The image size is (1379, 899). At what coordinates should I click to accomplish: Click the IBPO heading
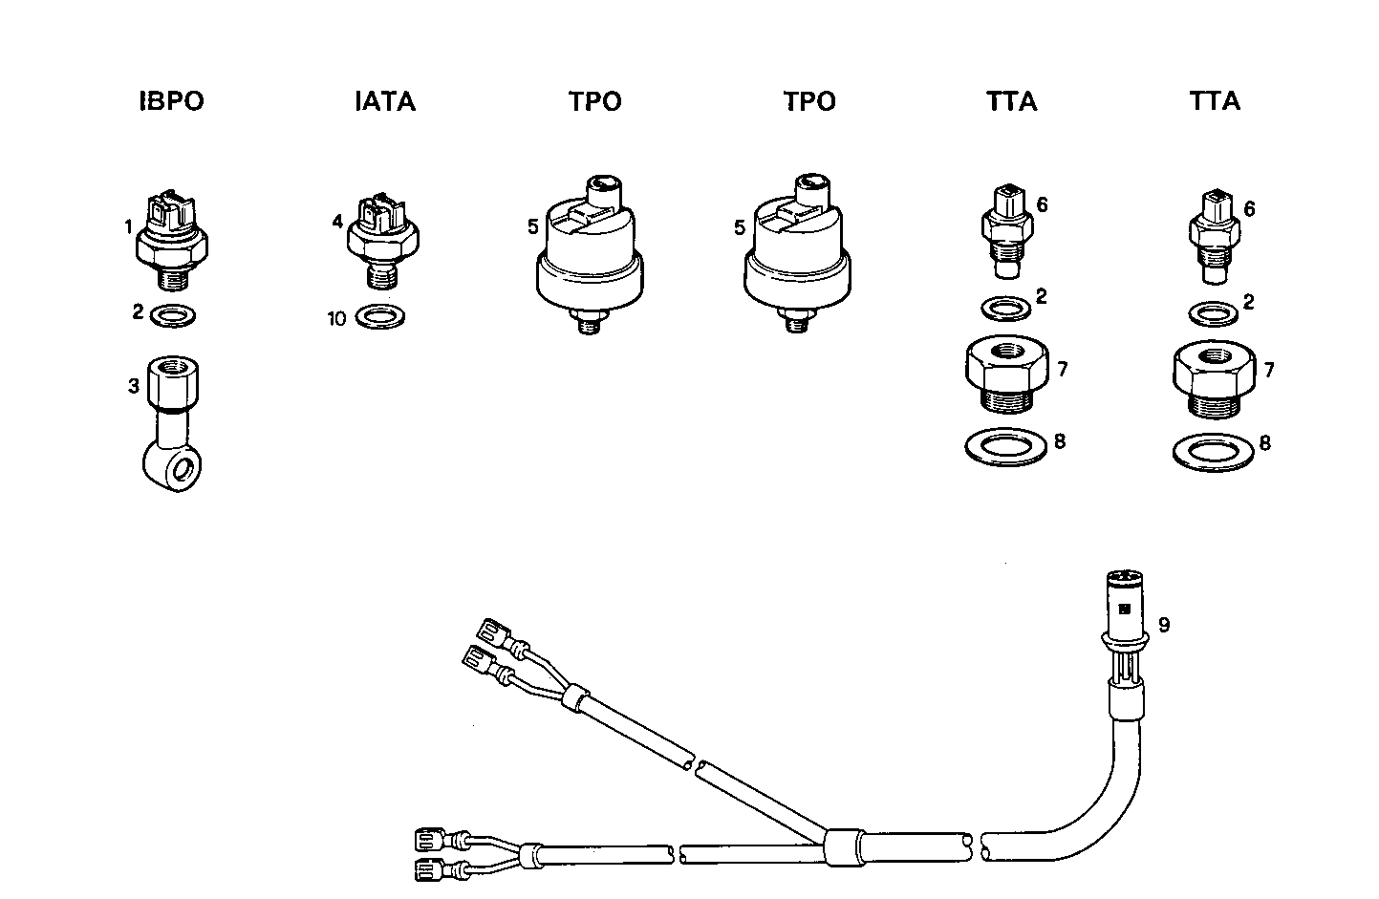pyautogui.click(x=172, y=102)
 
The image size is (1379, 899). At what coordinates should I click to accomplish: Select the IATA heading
pyautogui.click(x=385, y=102)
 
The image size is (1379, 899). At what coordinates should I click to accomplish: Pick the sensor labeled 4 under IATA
pyautogui.click(x=380, y=237)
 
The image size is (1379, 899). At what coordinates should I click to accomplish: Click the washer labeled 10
pyautogui.click(x=380, y=316)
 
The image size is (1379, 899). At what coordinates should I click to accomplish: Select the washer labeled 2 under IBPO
pyautogui.click(x=174, y=313)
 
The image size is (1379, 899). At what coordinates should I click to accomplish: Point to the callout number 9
pyautogui.click(x=1163, y=626)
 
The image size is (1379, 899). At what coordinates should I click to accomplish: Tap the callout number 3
pyautogui.click(x=134, y=386)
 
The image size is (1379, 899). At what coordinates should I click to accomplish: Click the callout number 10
pyautogui.click(x=336, y=319)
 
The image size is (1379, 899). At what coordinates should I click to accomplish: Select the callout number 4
pyautogui.click(x=336, y=222)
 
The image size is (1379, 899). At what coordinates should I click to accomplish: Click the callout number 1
pyautogui.click(x=127, y=226)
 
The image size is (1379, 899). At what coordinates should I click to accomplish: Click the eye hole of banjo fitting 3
pyautogui.click(x=186, y=470)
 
